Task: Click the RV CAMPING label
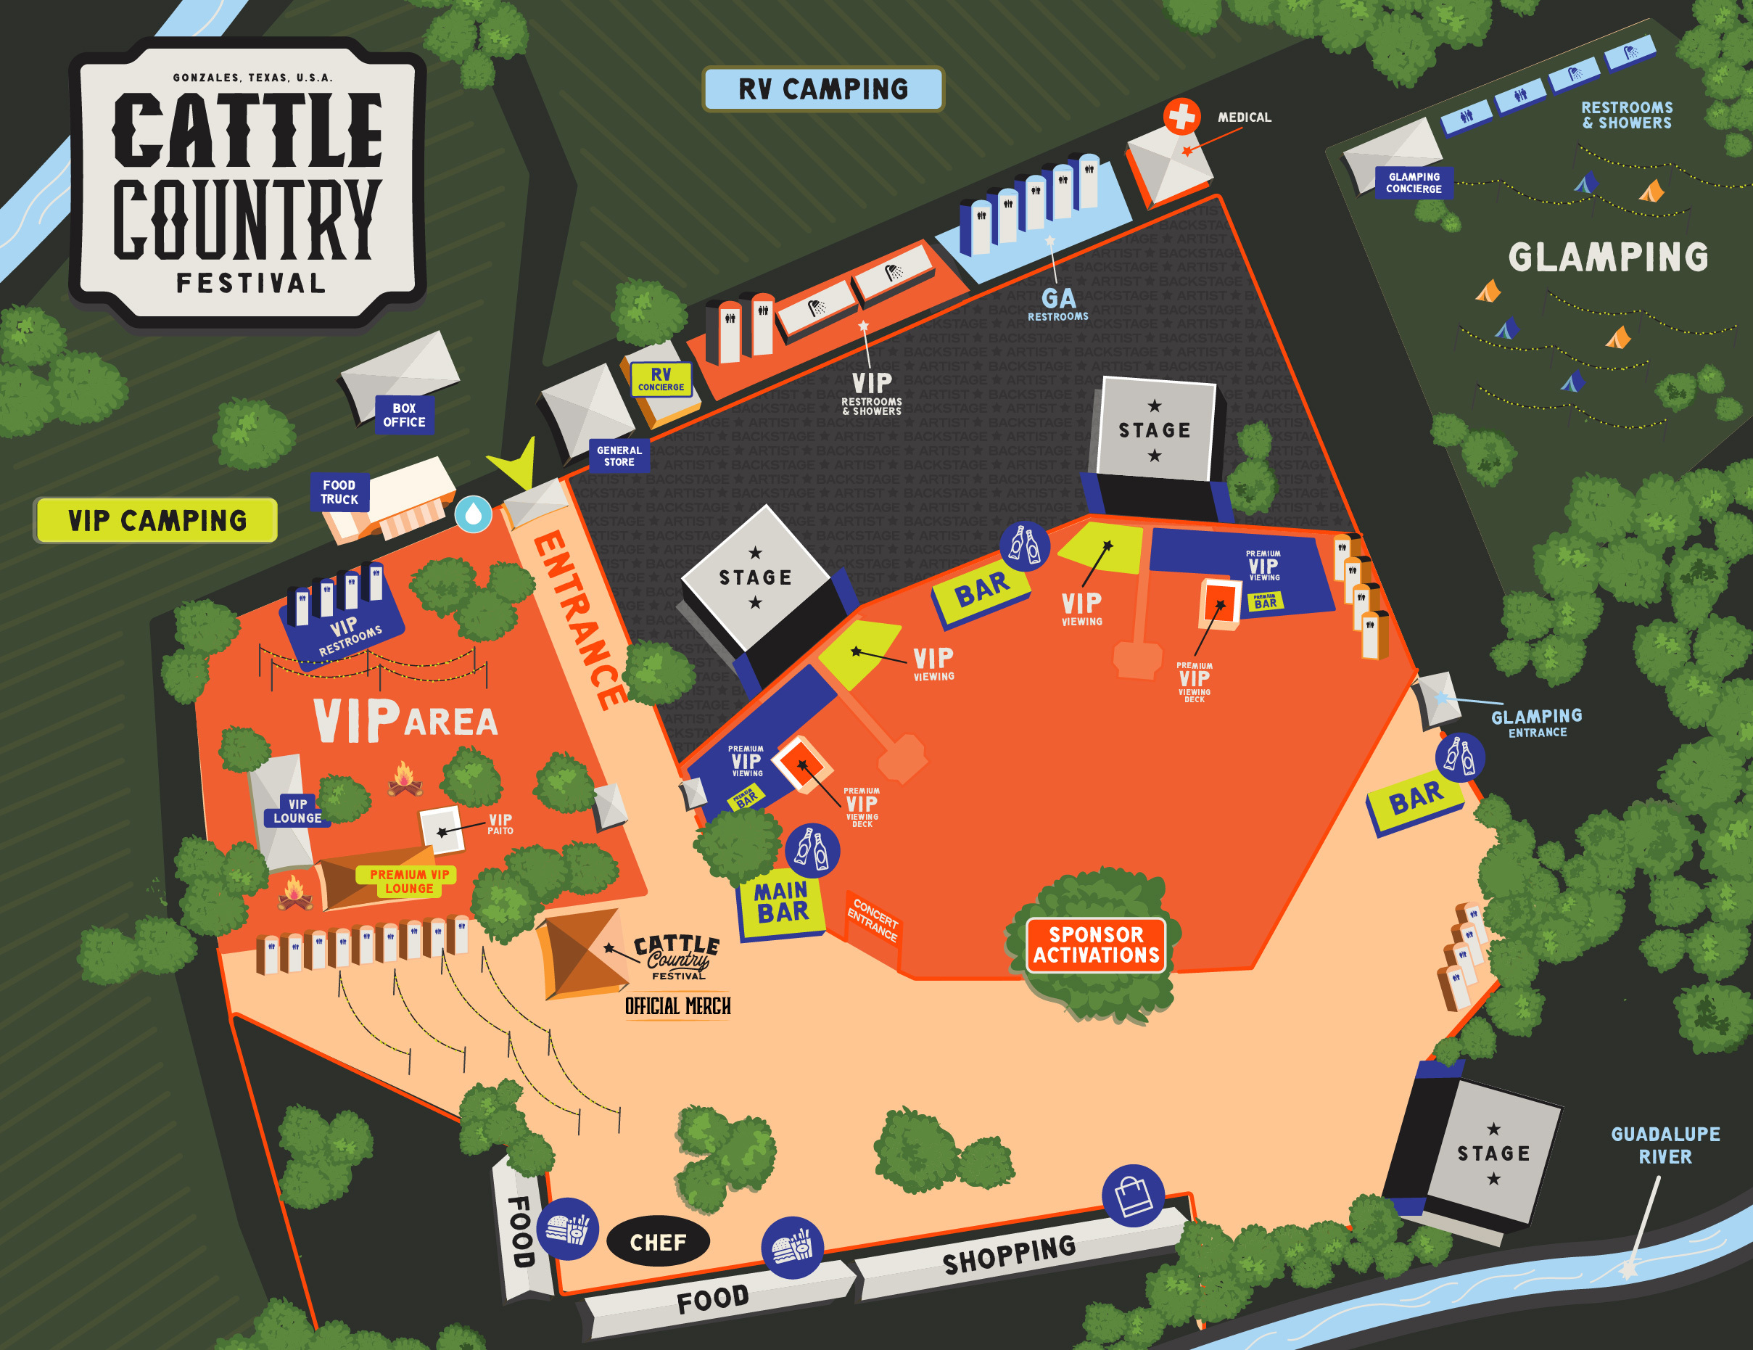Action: pos(822,89)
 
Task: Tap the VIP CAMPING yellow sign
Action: pos(157,520)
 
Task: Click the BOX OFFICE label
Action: pos(404,415)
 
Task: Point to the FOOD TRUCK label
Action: pos(339,492)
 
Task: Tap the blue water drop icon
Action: pos(474,514)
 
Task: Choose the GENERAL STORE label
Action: pos(619,456)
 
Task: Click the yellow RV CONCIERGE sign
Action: pos(661,379)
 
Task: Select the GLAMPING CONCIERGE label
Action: pos(1414,183)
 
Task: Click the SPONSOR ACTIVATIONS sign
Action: pos(1096,944)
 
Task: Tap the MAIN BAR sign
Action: pos(781,903)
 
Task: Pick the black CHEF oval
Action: pos(658,1243)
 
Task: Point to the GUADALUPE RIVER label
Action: pos(1665,1145)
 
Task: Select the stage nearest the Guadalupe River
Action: pos(1493,1154)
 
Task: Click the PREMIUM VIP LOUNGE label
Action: pos(408,881)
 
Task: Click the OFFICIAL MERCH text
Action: pos(677,1006)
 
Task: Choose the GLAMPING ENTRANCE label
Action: pos(1536,723)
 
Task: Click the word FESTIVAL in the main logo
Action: pos(251,284)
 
